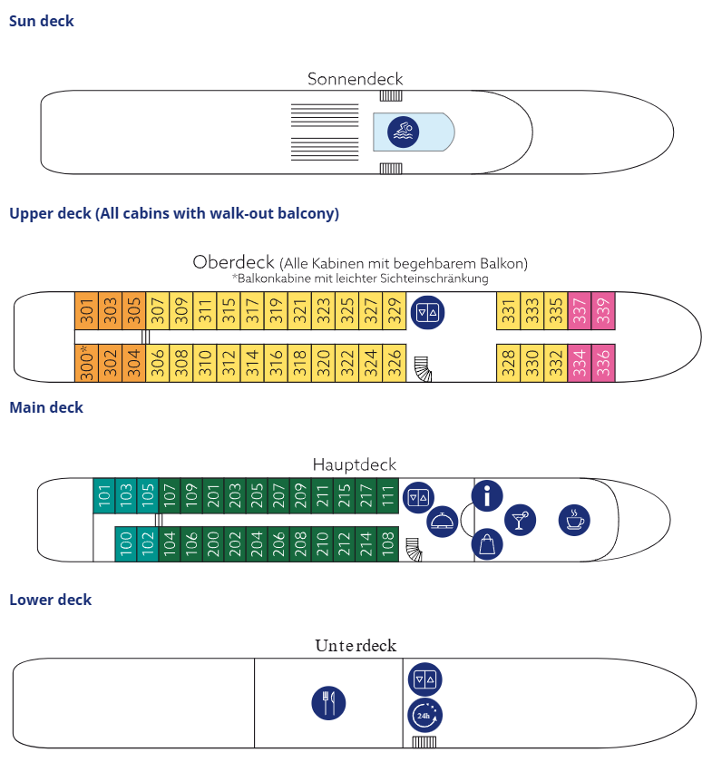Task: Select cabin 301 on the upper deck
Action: [x=86, y=313]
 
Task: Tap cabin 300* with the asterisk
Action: [x=86, y=363]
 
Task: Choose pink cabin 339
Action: [x=603, y=313]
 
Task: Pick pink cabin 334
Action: [x=580, y=363]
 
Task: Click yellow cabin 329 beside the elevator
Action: [x=394, y=313]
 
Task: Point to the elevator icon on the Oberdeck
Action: [x=427, y=313]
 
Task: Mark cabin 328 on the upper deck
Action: [x=508, y=363]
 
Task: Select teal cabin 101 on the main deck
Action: [x=104, y=495]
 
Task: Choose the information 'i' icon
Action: [x=488, y=495]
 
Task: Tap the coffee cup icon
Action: [x=573, y=520]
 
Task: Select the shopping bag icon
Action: [x=488, y=544]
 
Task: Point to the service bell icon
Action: [x=442, y=522]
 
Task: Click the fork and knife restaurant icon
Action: [x=328, y=703]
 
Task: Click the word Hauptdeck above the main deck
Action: [x=355, y=464]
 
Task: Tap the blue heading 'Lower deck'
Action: [x=50, y=600]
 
